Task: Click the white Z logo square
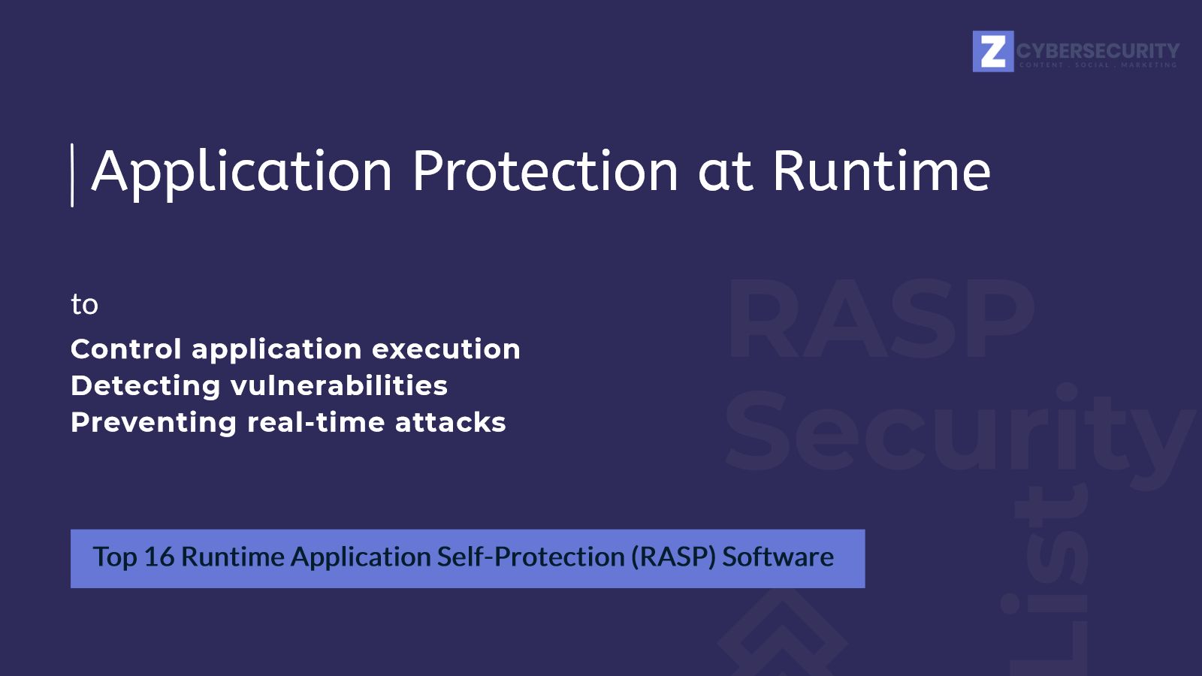coord(992,51)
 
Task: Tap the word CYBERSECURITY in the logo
coord(1098,50)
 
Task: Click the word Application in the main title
coord(242,173)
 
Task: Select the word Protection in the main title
coord(545,171)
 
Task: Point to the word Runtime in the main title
coord(881,171)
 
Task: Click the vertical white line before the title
coord(72,175)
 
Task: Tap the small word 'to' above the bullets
coord(84,304)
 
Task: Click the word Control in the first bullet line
coord(126,349)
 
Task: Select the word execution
coord(445,349)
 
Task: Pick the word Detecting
coord(146,386)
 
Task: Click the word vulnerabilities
coord(339,386)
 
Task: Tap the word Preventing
coord(153,423)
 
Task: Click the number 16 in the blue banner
coord(159,557)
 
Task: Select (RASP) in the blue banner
coord(673,557)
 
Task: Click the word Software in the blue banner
coord(778,557)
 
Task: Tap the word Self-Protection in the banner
coord(530,557)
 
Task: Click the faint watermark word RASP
coord(880,320)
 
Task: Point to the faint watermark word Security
coord(958,436)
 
